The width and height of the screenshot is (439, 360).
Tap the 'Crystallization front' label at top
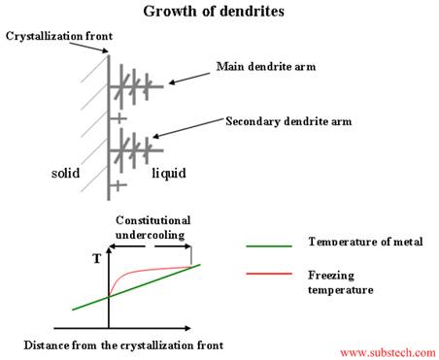pos(59,37)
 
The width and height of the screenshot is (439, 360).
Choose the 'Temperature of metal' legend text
pos(356,242)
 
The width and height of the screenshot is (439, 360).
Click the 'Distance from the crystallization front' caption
pos(124,344)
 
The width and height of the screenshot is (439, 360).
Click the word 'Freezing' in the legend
pos(330,274)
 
